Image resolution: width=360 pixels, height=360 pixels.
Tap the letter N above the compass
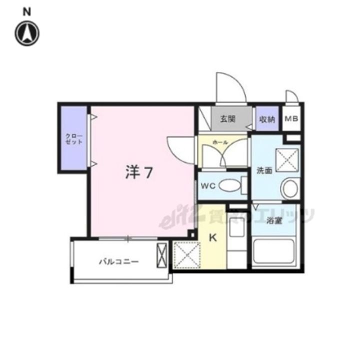coord(27,10)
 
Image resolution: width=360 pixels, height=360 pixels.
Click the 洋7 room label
coord(138,172)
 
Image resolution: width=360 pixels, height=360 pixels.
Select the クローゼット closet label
coord(73,138)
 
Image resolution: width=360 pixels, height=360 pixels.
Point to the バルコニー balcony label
coord(118,261)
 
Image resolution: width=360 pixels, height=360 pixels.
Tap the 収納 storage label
coord(266,120)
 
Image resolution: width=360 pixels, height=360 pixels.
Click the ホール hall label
coord(220,142)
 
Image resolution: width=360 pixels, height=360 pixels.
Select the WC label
coord(208,186)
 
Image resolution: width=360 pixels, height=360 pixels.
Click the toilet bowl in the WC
coord(230,185)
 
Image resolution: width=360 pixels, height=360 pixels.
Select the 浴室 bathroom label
coord(275,220)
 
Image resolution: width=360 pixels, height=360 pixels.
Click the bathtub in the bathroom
coord(274,253)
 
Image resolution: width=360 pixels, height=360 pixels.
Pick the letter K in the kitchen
coord(213,238)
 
